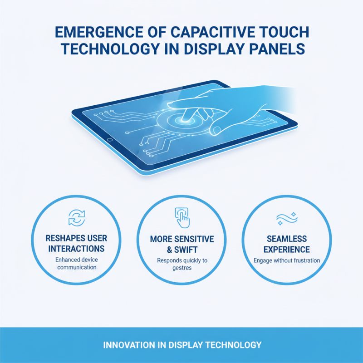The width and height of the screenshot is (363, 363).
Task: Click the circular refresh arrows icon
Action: [76, 218]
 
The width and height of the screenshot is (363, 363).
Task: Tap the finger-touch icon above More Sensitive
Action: [182, 217]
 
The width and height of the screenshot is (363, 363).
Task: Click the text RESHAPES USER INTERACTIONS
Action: [76, 244]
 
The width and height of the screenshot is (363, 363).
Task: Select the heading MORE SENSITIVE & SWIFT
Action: [181, 244]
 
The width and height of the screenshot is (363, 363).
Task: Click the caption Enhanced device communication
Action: [76, 264]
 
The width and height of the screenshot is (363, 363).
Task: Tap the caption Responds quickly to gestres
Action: [181, 264]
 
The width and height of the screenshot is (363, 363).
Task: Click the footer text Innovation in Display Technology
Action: [181, 345]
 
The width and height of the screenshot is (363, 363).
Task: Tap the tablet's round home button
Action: [109, 139]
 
